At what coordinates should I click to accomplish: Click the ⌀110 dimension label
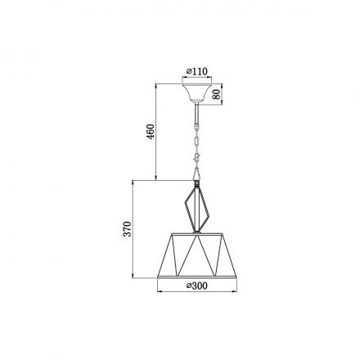(x=197, y=71)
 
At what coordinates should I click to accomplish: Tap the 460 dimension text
(x=151, y=131)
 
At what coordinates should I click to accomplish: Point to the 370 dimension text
(x=127, y=229)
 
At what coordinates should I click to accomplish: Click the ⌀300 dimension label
(x=197, y=286)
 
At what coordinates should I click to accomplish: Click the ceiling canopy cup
(x=197, y=92)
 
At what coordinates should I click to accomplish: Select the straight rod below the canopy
(x=196, y=113)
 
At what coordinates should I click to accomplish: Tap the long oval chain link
(x=196, y=142)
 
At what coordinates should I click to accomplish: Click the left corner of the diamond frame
(x=185, y=203)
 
